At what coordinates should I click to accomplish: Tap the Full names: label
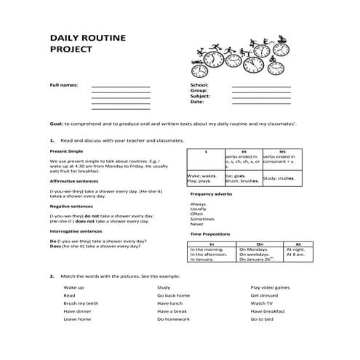[x=63, y=85]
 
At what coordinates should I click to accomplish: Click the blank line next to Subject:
[x=260, y=97]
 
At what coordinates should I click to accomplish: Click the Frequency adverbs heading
[x=210, y=194]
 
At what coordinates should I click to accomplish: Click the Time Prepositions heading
[x=210, y=234]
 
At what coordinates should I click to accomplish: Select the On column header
[x=260, y=244]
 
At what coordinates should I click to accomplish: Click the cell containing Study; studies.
[x=278, y=177]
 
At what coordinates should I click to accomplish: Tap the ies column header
[x=279, y=151]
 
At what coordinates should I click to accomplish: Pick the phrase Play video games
[x=271, y=288]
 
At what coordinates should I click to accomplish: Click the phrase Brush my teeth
[x=80, y=303]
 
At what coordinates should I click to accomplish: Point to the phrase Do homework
[x=172, y=319]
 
